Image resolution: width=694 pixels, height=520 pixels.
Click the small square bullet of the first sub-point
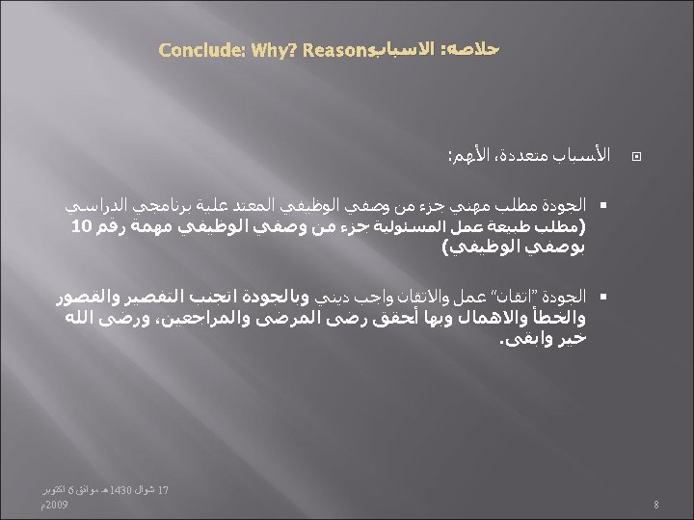point(601,208)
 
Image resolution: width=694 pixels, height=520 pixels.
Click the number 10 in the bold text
point(81,226)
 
